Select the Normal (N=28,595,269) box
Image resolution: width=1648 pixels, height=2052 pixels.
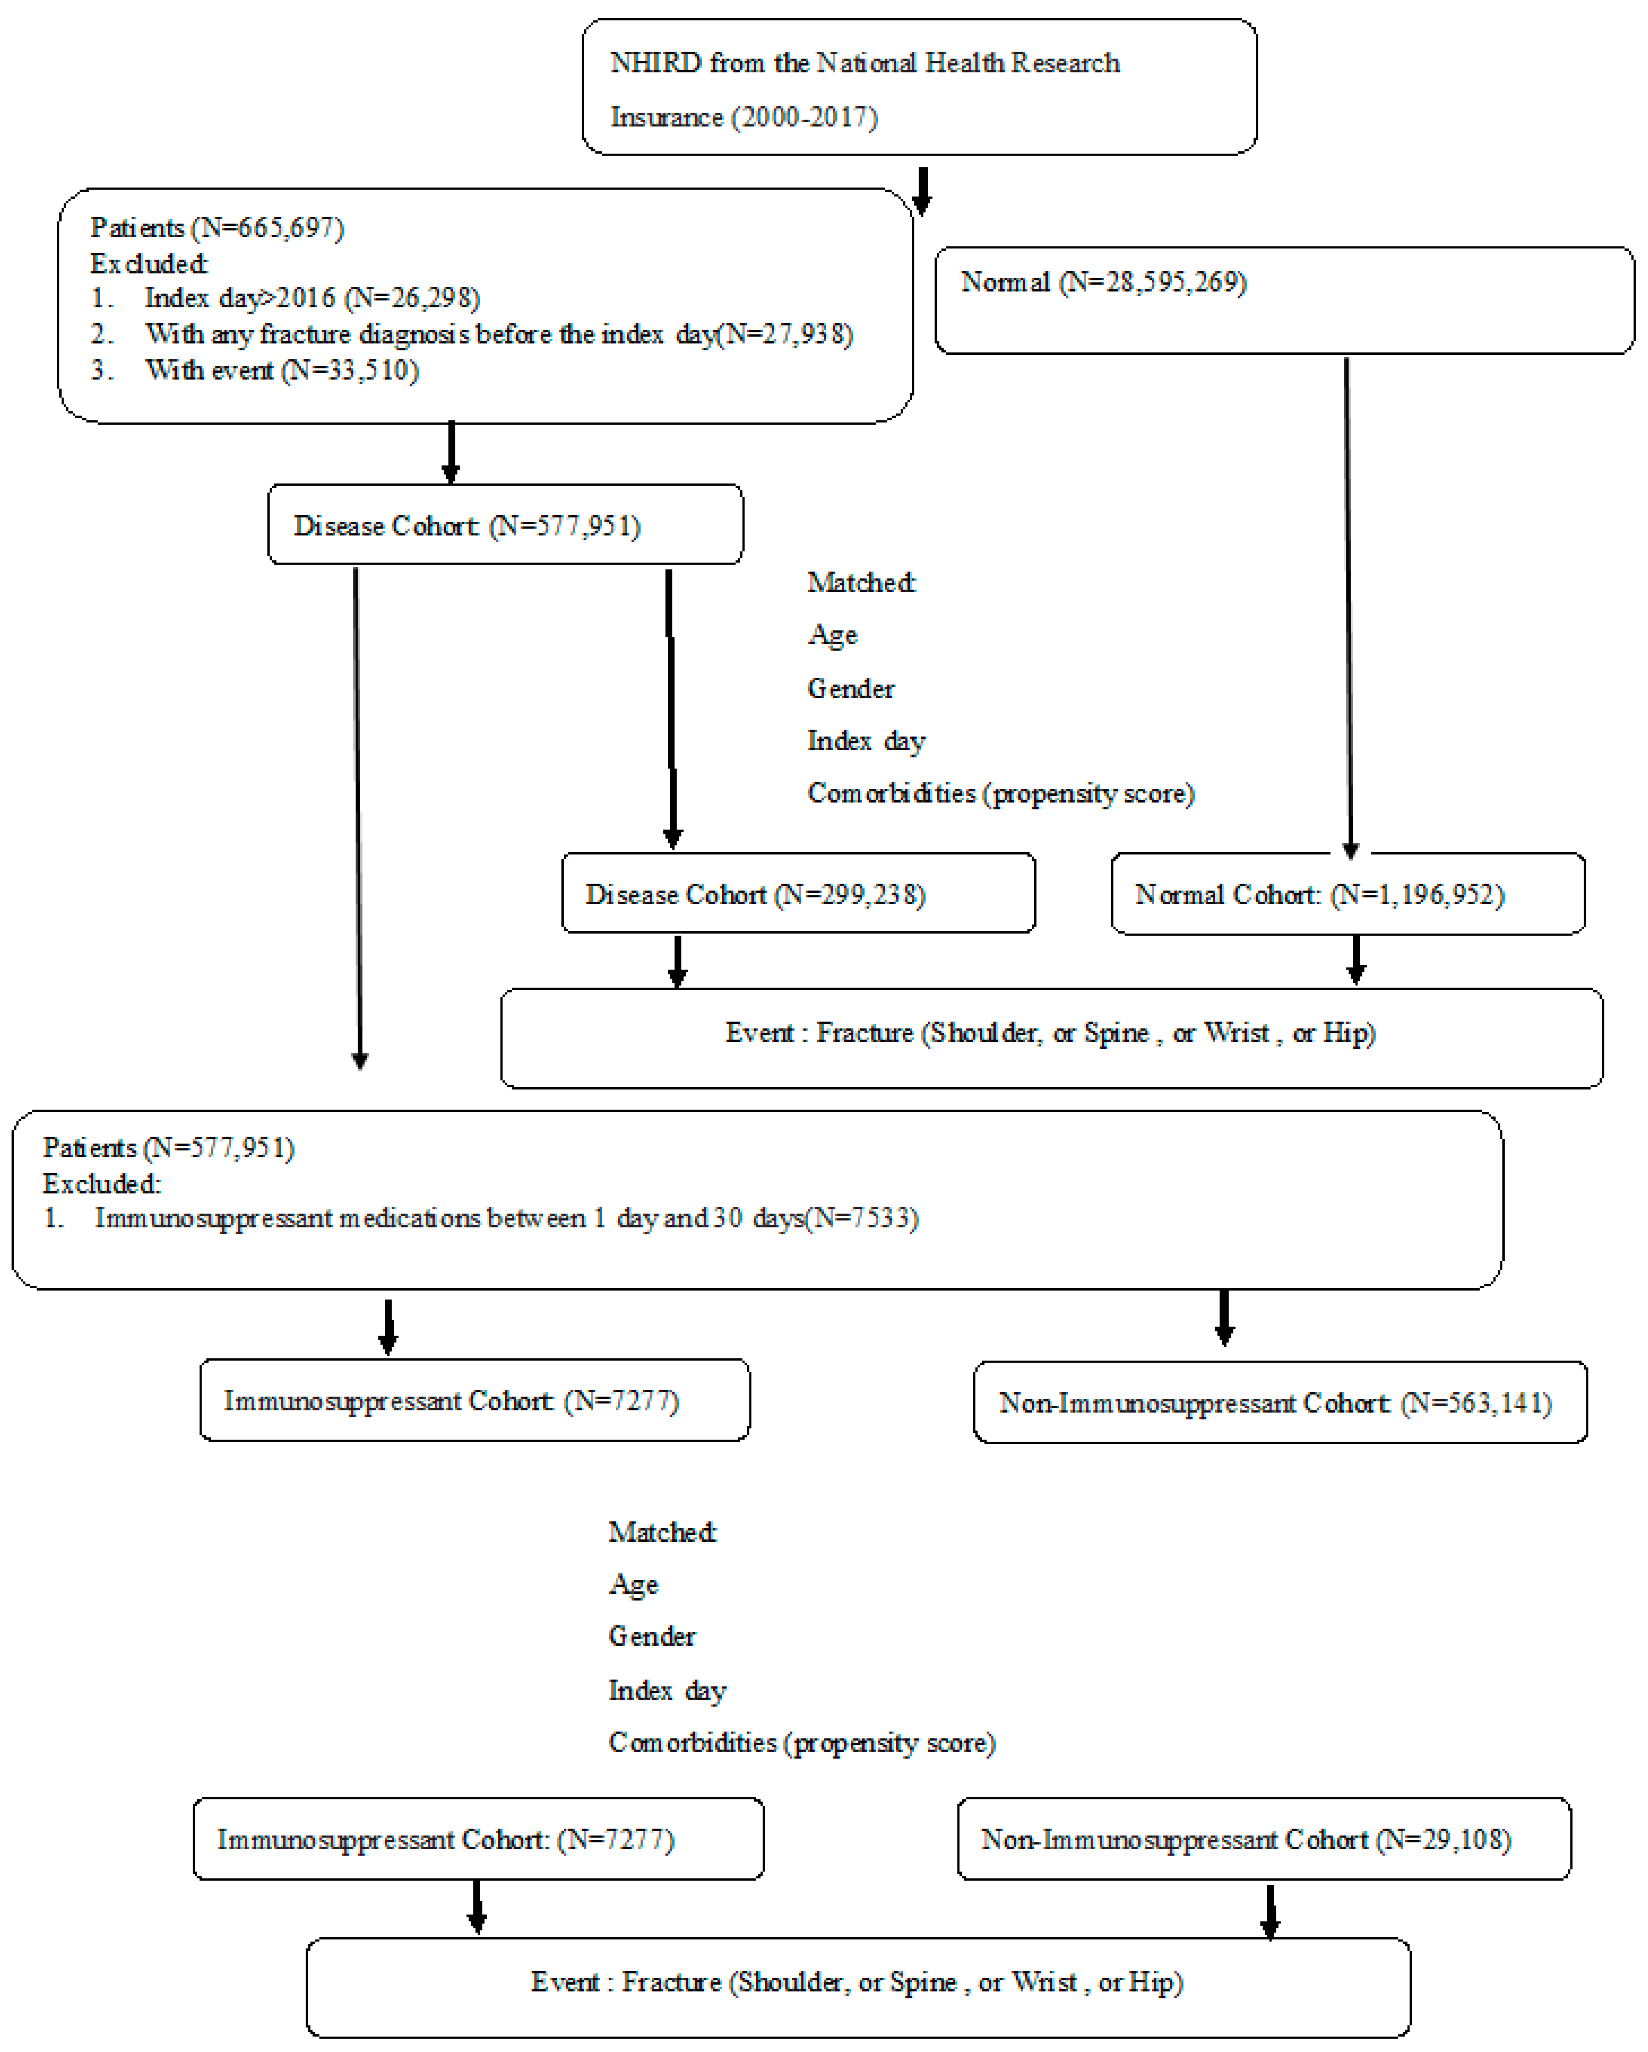(x=1283, y=300)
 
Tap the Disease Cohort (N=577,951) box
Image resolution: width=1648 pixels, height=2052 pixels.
(x=505, y=525)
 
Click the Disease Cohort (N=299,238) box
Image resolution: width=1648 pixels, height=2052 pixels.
(x=798, y=893)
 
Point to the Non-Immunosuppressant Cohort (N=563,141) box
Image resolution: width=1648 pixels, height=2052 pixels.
(x=1280, y=1402)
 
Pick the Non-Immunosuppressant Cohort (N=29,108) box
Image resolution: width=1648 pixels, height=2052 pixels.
(x=1263, y=1839)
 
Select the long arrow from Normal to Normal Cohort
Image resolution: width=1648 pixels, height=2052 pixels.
(x=1348, y=609)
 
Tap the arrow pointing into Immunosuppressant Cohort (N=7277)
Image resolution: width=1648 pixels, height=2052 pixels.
(x=388, y=1326)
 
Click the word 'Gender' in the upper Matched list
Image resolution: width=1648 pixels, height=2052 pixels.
(x=850, y=688)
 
